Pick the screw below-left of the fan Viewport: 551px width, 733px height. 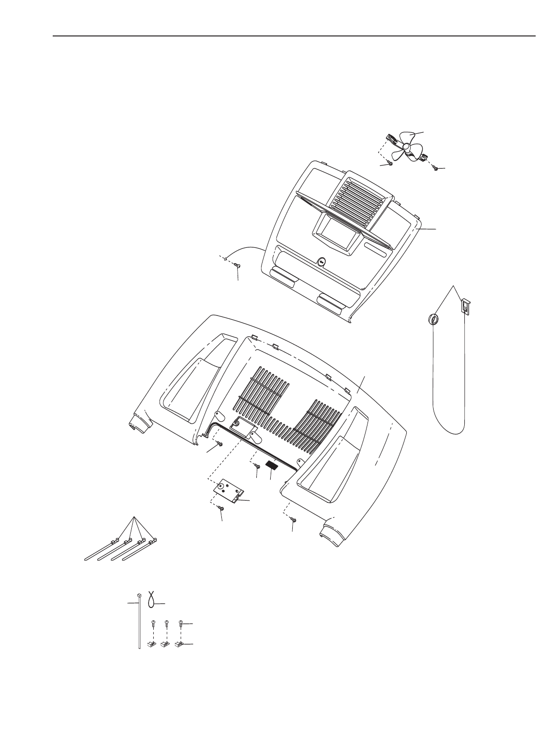390,163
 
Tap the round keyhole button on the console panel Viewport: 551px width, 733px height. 321,262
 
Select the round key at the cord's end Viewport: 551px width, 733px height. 433,319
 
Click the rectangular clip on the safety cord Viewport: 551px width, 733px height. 465,305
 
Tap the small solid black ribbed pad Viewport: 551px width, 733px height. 272,464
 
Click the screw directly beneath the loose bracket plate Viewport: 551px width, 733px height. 221,508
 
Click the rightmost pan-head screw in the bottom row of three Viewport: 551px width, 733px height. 181,624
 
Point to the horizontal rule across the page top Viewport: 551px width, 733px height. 294,36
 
